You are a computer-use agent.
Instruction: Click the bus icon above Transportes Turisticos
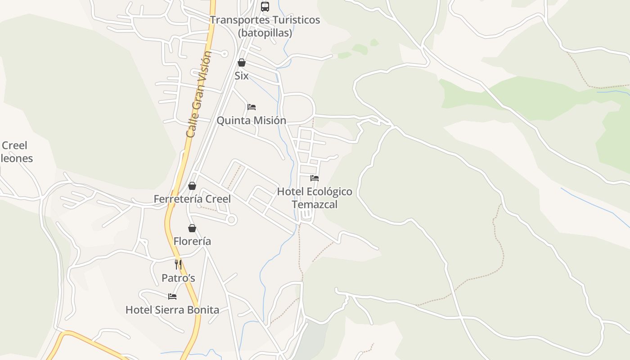tap(265, 7)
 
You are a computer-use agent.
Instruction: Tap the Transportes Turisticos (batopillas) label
tap(265, 26)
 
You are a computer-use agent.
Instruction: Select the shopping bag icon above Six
tap(242, 63)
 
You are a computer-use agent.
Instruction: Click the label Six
tap(242, 76)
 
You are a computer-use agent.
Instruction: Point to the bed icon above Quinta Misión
tap(252, 107)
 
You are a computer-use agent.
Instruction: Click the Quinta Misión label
tap(252, 120)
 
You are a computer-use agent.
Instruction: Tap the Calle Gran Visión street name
tap(198, 94)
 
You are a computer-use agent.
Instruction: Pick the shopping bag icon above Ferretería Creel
tap(192, 186)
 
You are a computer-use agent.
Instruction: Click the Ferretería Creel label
tap(192, 199)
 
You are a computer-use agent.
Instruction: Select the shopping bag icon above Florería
tap(192, 228)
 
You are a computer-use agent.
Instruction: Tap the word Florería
tap(192, 241)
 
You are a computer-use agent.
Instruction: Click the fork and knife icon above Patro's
tap(178, 264)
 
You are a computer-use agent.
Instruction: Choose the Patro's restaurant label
tap(178, 278)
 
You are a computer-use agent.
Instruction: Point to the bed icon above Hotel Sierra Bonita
tap(172, 296)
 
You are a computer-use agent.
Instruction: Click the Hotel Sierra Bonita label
tap(172, 310)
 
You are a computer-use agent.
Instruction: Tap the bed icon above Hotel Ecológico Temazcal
tap(315, 178)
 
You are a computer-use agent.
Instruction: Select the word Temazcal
tap(315, 204)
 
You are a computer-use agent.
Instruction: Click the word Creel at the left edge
tap(14, 145)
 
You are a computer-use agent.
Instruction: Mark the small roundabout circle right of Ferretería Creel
tap(232, 220)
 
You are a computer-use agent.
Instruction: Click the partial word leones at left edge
tap(17, 158)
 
